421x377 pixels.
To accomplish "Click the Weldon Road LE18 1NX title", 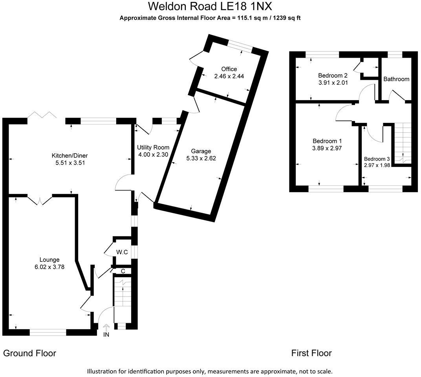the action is [x=210, y=7].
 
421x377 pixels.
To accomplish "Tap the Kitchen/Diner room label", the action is [x=69, y=156].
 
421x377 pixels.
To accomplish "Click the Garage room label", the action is [x=201, y=151].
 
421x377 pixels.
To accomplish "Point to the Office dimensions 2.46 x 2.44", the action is [x=229, y=76].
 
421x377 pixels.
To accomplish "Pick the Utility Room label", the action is [x=153, y=147].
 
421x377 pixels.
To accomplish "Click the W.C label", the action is [x=122, y=252].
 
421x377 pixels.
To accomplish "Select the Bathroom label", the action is [x=396, y=79].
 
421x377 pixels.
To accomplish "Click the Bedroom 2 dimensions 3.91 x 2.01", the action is [x=333, y=83].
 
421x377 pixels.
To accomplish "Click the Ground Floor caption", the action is [x=29, y=353].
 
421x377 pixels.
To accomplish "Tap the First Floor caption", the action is [x=311, y=353].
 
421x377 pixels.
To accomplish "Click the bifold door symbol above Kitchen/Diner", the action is [x=42, y=115].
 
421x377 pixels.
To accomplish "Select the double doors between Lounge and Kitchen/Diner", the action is [x=40, y=200].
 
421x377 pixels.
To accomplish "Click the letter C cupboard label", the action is [x=123, y=271].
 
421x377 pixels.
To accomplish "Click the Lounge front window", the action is [x=48, y=333].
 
